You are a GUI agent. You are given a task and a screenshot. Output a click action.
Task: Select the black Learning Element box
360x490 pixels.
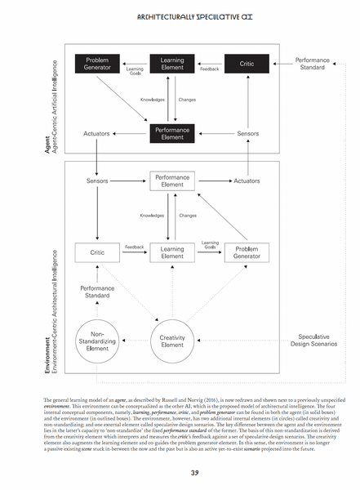171,65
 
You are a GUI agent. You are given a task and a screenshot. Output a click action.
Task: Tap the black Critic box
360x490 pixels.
247,65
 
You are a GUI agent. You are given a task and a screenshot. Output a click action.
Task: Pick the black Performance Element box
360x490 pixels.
171,132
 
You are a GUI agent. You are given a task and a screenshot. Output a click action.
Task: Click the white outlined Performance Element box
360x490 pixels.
171,180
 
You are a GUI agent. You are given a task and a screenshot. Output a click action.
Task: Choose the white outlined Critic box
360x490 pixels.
97,253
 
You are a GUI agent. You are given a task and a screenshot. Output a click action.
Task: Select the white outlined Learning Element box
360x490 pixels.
171,253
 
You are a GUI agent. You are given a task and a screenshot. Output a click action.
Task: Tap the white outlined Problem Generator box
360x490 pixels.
247,253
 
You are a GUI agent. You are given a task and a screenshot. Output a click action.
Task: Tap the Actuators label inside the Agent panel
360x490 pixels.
97,133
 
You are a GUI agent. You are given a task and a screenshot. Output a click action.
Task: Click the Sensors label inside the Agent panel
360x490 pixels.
247,133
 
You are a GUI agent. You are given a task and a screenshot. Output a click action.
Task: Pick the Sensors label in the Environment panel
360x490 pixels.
97,180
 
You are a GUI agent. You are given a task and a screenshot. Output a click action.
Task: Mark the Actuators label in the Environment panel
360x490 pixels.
247,180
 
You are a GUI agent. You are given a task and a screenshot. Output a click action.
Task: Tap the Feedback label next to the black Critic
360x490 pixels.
209,70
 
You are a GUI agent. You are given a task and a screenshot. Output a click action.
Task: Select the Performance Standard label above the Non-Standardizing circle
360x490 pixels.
97,292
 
